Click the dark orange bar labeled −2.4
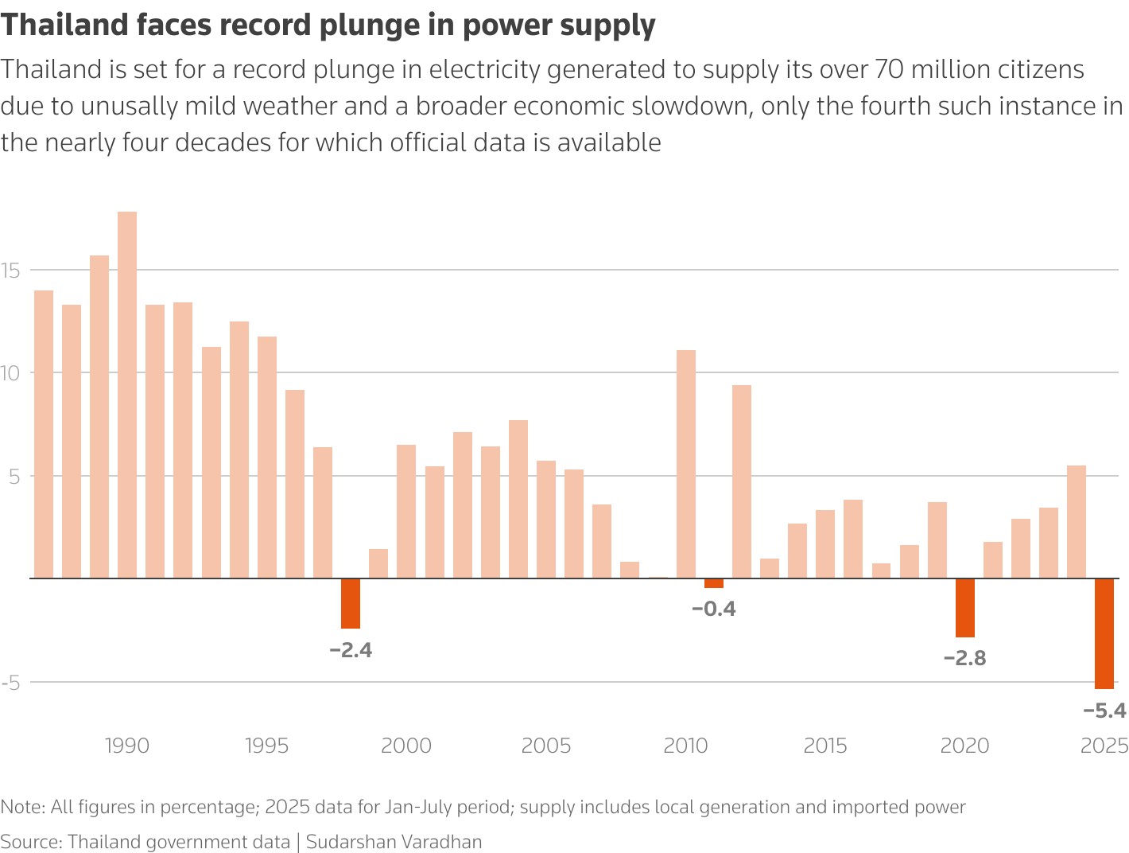click(x=351, y=603)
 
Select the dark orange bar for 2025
click(x=1104, y=633)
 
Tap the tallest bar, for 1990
click(x=127, y=395)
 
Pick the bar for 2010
click(x=686, y=464)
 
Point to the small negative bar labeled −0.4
click(x=714, y=583)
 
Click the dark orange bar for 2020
click(x=965, y=608)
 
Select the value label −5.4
click(x=1104, y=711)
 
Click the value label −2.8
click(x=964, y=658)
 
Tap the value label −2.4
click(x=351, y=650)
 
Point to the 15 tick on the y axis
click(x=10, y=271)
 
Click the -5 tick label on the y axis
click(x=10, y=683)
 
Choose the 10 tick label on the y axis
click(x=10, y=373)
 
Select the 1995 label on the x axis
click(x=267, y=746)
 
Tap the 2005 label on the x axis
click(x=546, y=746)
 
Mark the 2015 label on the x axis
click(x=825, y=746)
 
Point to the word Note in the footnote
click(x=21, y=807)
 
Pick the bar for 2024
click(x=1077, y=522)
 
